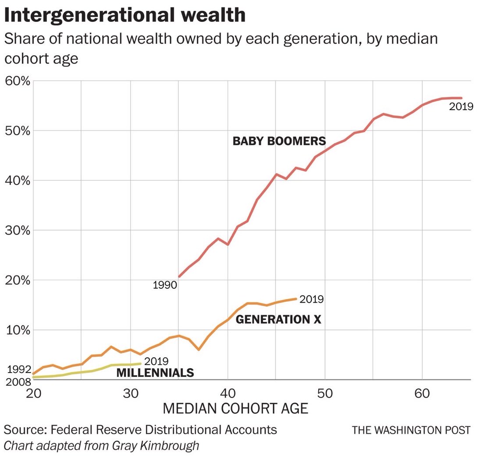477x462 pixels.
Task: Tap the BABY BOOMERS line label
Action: pyautogui.click(x=279, y=141)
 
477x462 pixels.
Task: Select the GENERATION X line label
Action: pyautogui.click(x=278, y=320)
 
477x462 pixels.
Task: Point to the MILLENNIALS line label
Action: pyautogui.click(x=155, y=373)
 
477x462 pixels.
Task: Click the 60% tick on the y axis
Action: pyautogui.click(x=17, y=82)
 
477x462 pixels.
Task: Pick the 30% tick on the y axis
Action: pyautogui.click(x=17, y=231)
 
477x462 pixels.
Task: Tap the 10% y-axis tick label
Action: pyautogui.click(x=17, y=330)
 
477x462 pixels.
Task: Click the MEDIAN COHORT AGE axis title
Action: pyautogui.click(x=235, y=409)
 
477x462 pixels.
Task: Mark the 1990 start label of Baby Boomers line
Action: pyautogui.click(x=164, y=285)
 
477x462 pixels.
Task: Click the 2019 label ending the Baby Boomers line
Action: pyautogui.click(x=461, y=106)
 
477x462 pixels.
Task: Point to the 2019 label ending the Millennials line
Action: pyautogui.click(x=156, y=362)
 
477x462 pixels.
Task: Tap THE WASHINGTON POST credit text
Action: pyautogui.click(x=411, y=430)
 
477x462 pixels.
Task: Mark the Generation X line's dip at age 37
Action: pyautogui.click(x=199, y=349)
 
